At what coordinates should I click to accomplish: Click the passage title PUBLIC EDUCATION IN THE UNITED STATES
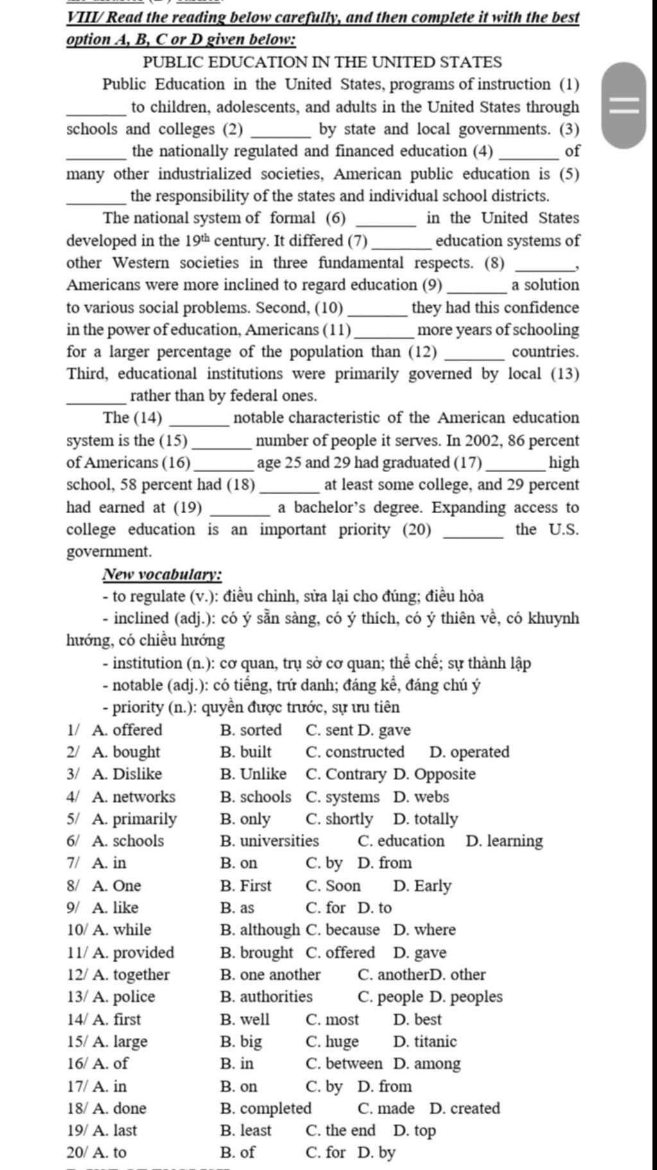[322, 62]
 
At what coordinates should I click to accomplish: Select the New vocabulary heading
[162, 574]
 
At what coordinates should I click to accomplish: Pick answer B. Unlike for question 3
[253, 774]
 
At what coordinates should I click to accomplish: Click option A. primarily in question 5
[134, 819]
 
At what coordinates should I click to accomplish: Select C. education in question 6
[401, 841]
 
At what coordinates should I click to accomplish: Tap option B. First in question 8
[246, 886]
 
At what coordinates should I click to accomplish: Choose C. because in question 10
[343, 930]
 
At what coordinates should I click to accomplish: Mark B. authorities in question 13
[266, 997]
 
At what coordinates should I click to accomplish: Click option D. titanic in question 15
[425, 1042]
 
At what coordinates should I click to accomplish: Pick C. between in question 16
[344, 1064]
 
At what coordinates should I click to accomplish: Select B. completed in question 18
[266, 1108]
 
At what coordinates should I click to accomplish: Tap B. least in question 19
[246, 1130]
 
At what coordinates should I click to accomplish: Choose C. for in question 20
[326, 1153]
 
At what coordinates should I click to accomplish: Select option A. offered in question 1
[127, 730]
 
